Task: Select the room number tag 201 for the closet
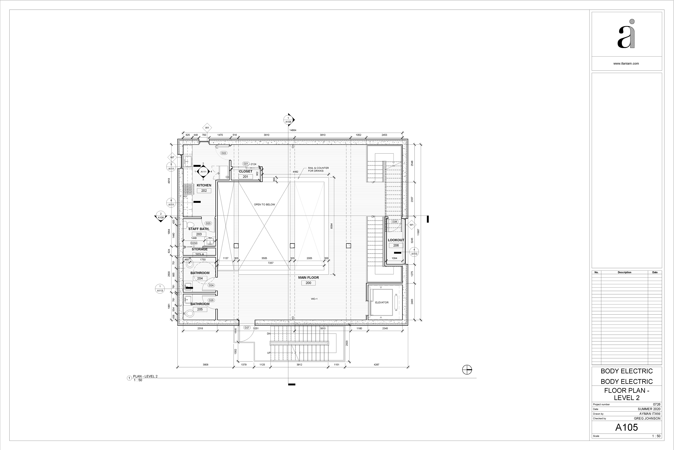point(245,177)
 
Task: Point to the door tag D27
point(247,327)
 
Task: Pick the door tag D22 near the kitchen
point(224,153)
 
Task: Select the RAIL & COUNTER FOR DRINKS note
point(318,169)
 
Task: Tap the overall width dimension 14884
point(293,130)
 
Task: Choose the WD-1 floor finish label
point(314,299)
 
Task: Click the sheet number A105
point(626,427)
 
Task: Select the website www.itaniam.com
point(626,64)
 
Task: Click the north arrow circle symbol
point(467,370)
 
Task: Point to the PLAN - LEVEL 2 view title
point(145,376)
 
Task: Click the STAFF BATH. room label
point(199,229)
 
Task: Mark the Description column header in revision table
point(625,272)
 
